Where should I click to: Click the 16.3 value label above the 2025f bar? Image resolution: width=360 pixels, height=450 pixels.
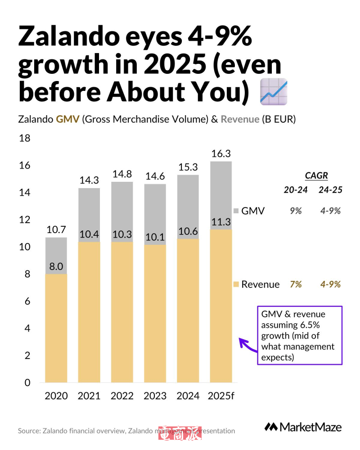coord(220,154)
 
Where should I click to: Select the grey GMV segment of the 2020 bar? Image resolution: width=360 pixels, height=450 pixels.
coord(56,255)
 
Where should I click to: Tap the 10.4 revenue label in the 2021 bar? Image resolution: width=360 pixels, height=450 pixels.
coord(89,234)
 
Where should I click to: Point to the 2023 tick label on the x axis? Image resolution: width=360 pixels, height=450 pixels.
coord(155,396)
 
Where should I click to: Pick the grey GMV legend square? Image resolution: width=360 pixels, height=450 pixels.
coord(236,211)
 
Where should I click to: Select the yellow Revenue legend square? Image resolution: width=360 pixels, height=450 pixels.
coord(236,284)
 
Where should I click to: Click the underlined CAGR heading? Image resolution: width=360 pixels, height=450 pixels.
coord(316,175)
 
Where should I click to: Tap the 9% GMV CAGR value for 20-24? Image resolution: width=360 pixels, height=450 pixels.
coord(296,211)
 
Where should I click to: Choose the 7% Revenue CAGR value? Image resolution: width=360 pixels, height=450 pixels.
coord(296,284)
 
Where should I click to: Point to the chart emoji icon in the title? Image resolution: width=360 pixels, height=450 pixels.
coord(274,92)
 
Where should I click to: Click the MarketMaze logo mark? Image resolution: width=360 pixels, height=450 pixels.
coord(271,427)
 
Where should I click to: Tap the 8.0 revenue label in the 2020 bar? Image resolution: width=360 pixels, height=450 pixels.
coord(56,266)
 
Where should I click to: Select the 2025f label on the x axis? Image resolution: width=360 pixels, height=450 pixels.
coord(221,396)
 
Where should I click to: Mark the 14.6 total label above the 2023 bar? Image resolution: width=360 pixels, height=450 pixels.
coord(155,177)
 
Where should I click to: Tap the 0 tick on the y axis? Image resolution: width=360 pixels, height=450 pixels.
coord(27,383)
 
